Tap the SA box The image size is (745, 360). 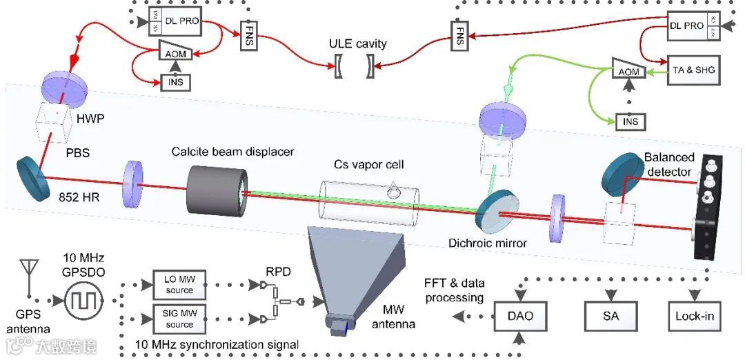click(x=610, y=317)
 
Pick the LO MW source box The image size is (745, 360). click(x=179, y=285)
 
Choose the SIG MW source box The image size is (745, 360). click(x=179, y=319)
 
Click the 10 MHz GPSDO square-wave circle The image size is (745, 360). click(x=83, y=301)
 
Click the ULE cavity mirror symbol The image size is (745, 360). click(x=355, y=66)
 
